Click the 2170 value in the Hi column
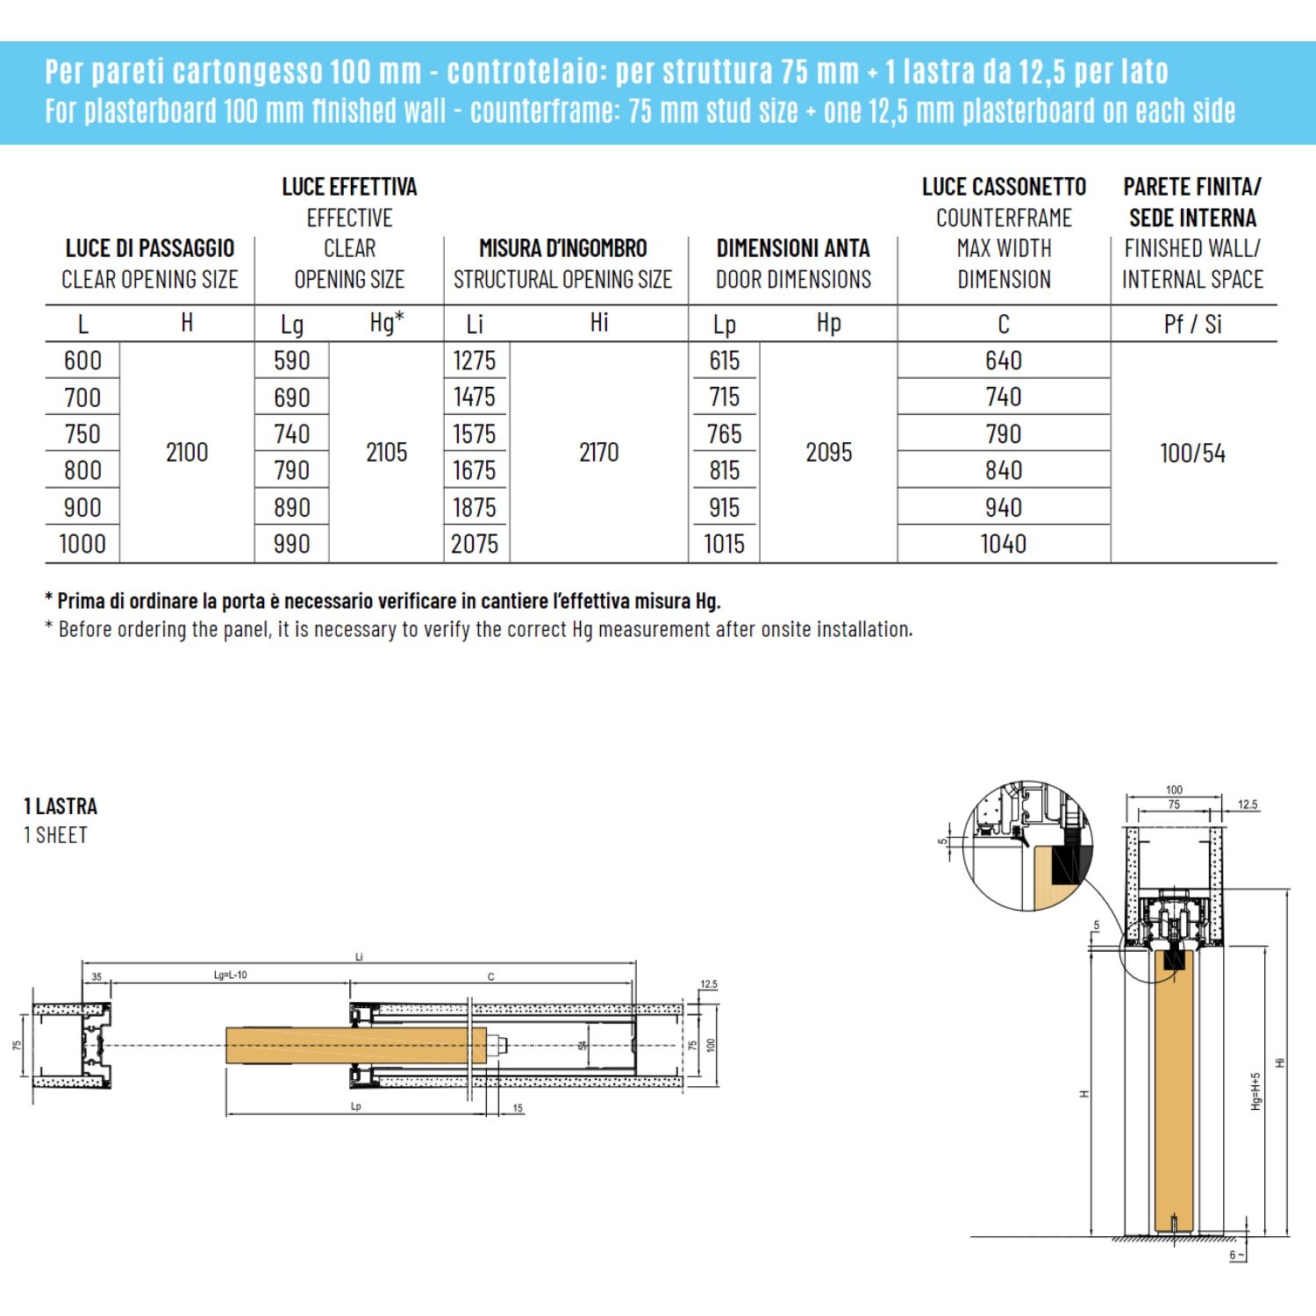pos(598,453)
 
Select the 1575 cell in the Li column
pos(475,434)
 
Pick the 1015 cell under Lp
pos(724,544)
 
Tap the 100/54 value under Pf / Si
pos(1192,454)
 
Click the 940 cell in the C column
pos(1003,507)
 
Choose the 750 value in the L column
pos(82,434)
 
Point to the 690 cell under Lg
pos(291,397)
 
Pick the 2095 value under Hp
pos(828,453)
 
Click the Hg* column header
pos(386,323)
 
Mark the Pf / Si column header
pos(1192,324)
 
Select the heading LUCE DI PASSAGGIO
pos(150,248)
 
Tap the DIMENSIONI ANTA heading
pos(793,248)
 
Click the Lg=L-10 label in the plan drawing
pos(230,975)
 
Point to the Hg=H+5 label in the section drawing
pos(1255,1091)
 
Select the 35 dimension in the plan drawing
pos(97,976)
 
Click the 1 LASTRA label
pos(61,806)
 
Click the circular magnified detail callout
pos(1027,846)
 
